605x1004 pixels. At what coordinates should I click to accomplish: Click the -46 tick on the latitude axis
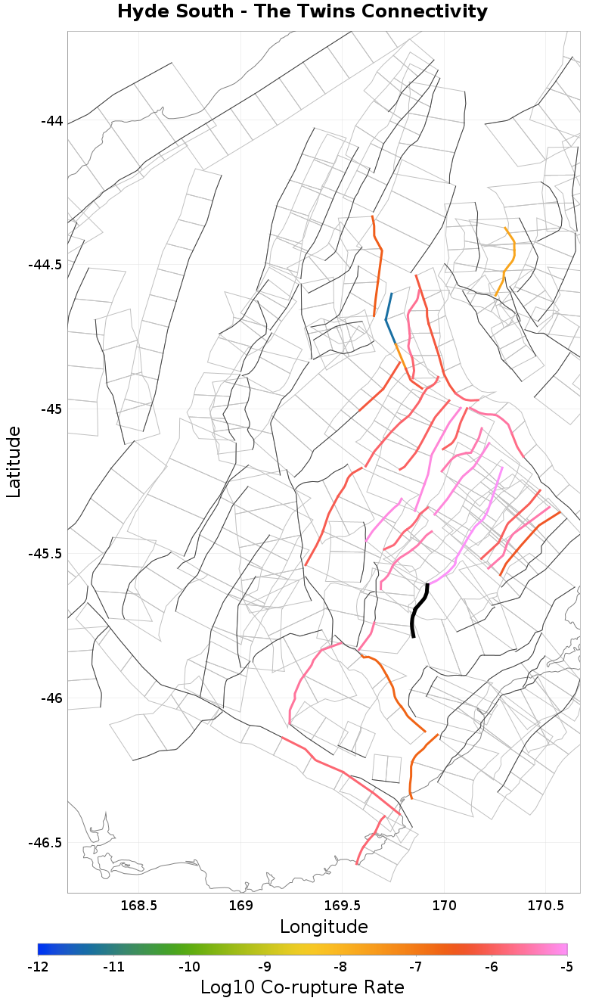coord(51,698)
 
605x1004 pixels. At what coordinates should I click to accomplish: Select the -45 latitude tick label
coord(51,409)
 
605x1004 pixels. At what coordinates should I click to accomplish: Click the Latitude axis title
coord(14,462)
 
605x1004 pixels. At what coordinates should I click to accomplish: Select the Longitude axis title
coord(324,927)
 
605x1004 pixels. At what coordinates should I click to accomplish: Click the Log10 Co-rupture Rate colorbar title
coord(302,987)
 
